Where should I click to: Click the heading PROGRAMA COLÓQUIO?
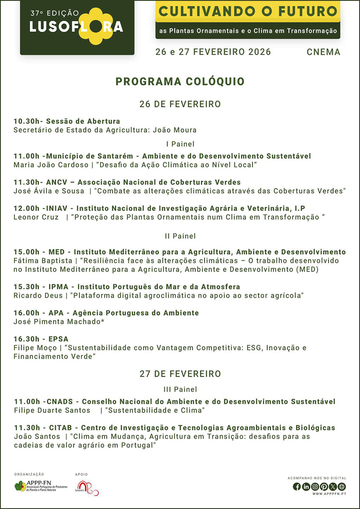(x=180, y=82)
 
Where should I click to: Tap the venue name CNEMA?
(x=324, y=52)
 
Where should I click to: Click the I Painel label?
(x=180, y=144)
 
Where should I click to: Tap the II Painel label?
(x=180, y=235)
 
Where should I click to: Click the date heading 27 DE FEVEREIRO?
(x=180, y=374)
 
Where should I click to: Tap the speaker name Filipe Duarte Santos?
(x=52, y=410)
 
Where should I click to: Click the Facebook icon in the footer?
(x=297, y=487)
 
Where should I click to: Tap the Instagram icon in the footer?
(x=315, y=487)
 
